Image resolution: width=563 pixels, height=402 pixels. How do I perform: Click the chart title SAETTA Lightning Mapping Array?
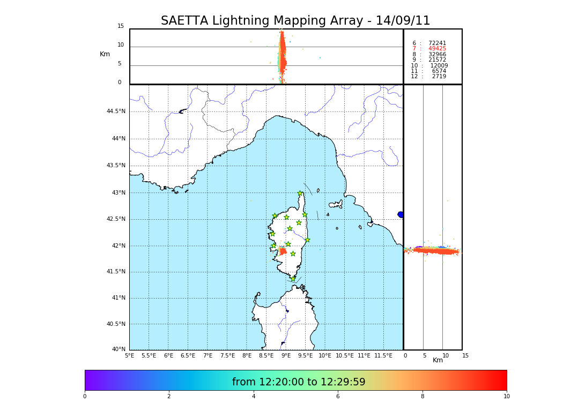295,21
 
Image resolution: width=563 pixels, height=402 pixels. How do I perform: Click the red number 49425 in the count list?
437,49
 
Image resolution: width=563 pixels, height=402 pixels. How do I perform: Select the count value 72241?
437,43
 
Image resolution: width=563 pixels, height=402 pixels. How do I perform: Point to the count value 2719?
439,77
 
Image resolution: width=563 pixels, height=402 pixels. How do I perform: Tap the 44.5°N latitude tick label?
116,111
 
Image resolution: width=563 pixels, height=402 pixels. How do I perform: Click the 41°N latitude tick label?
117,298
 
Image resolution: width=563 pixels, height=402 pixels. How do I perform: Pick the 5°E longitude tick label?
130,355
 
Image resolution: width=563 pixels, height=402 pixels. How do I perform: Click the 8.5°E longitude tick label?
266,355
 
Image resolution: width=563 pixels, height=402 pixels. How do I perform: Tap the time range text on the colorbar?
299,382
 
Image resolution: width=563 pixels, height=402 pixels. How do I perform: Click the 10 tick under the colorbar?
506,397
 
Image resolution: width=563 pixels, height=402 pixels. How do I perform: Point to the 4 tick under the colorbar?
254,397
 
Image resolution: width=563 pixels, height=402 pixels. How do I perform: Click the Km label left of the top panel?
105,54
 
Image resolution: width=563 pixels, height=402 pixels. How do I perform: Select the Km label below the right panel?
438,360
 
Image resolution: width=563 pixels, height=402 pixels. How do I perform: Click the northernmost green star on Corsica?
300,193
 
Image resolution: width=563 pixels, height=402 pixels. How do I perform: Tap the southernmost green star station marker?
293,279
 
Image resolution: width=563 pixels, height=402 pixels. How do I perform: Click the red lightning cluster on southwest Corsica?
283,251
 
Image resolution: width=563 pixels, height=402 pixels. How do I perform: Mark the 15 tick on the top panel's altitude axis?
121,26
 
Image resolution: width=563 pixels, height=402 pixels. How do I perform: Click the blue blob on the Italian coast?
401,214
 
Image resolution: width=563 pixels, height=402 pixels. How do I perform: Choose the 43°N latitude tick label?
117,193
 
